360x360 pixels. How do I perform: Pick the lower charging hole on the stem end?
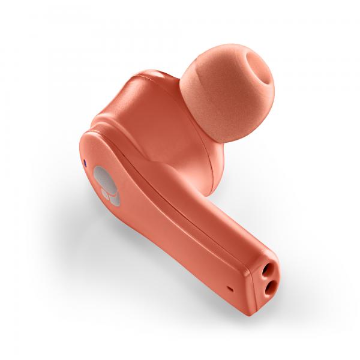(267, 291)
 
